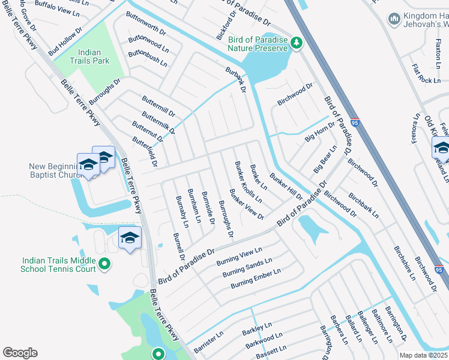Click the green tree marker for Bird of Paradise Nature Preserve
296,42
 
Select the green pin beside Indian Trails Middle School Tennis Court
104,263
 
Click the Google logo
20,353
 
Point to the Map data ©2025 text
424,355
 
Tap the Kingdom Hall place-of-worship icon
394,19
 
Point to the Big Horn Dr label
319,130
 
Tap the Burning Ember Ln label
256,279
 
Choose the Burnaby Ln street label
181,211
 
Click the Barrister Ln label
208,341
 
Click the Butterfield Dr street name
144,151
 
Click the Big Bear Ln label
326,159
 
